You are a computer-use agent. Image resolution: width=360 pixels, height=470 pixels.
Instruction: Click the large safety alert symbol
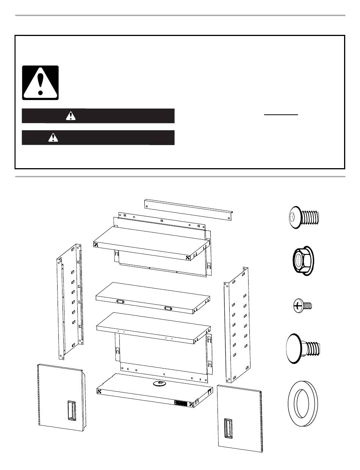pos(40,83)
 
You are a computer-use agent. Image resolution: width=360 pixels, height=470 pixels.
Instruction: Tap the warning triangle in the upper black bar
pos(70,116)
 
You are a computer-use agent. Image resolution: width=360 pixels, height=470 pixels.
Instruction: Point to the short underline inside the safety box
pos(281,114)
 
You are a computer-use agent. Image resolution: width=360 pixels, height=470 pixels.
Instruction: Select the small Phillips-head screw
pos(302,305)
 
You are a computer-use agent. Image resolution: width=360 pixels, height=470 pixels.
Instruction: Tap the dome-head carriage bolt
pos(303,345)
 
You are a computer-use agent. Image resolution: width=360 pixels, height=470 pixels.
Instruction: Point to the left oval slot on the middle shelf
pos(121,301)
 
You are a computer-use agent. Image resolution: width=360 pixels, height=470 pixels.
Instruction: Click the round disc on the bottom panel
pos(160,384)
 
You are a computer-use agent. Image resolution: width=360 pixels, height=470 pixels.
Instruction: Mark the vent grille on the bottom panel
pos(182,403)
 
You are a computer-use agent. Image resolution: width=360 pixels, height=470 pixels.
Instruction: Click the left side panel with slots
pos(70,301)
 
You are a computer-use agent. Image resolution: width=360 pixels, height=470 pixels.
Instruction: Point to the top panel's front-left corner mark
pos(96,245)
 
